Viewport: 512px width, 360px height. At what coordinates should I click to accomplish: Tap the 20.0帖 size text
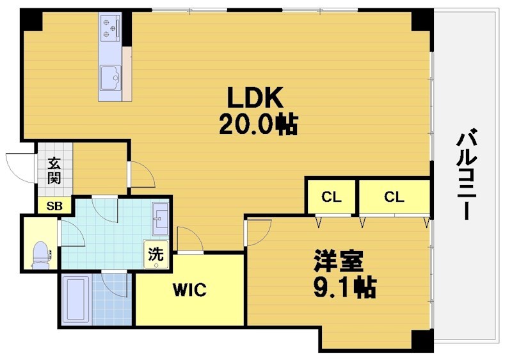(257, 124)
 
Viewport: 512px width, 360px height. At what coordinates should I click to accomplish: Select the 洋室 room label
(339, 261)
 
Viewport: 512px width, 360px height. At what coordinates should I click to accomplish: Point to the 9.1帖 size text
(344, 286)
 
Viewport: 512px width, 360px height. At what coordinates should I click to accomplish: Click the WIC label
(189, 290)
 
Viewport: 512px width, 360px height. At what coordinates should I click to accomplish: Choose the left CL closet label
(331, 197)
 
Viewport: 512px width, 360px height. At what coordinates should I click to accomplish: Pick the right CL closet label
(394, 197)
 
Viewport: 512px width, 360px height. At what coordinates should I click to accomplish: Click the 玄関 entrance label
(54, 169)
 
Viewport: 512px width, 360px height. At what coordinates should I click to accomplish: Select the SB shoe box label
(54, 206)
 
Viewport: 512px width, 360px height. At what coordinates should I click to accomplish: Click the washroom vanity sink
(160, 218)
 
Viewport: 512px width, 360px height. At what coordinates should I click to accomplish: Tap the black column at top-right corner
(422, 20)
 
